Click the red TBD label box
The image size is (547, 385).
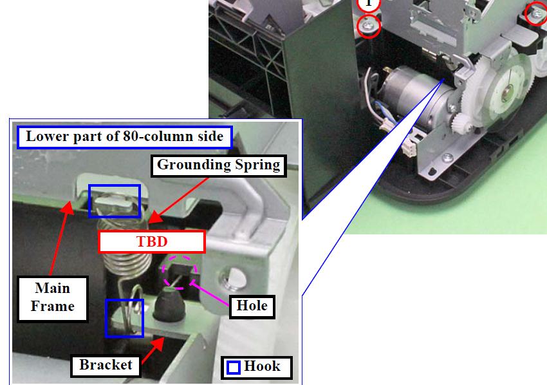coord(152,241)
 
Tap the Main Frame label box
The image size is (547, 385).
coord(52,299)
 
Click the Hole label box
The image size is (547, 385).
coord(252,306)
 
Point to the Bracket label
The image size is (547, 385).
coord(106,366)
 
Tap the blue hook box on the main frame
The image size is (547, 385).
coord(115,201)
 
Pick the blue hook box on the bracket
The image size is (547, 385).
coord(124,318)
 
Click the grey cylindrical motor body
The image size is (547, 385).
coord(415,96)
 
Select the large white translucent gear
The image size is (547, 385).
coord(503,91)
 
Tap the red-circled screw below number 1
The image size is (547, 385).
coord(368,26)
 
